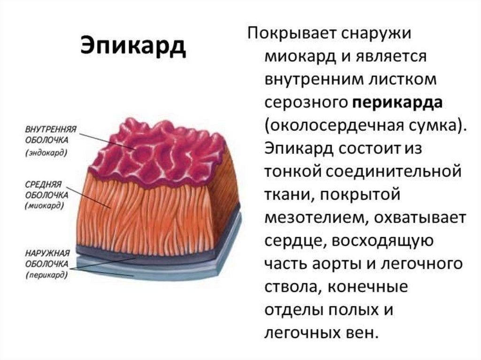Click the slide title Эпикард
(133, 46)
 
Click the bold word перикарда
(398, 103)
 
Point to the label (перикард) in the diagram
(46, 275)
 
